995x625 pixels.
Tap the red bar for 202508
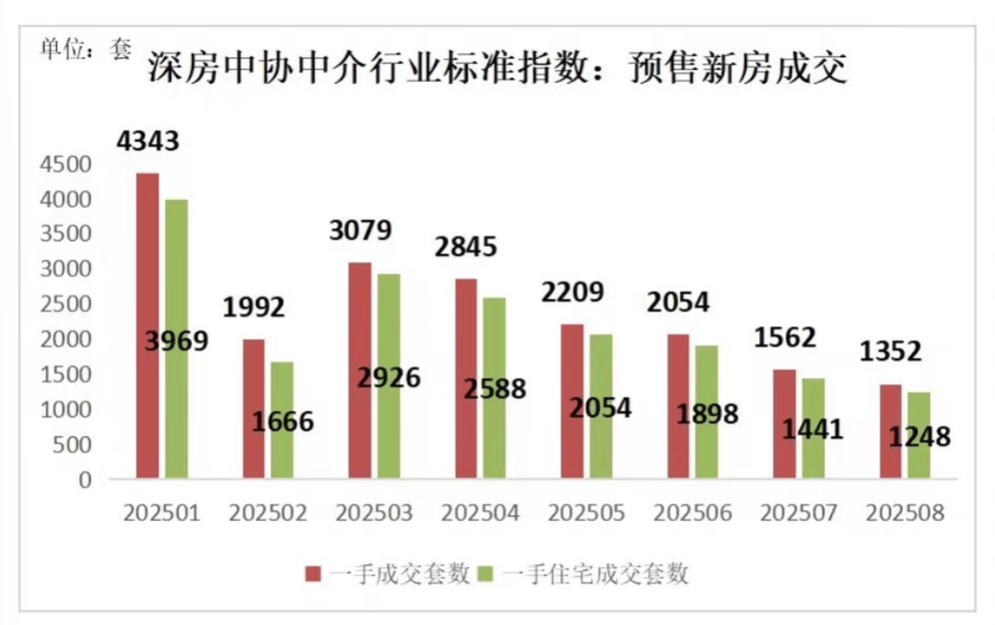point(891,431)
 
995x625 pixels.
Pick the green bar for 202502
point(282,419)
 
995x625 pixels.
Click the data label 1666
point(282,422)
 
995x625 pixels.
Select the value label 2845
point(465,247)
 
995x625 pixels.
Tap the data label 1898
point(707,414)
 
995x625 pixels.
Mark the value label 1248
point(919,436)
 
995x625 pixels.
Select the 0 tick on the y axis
point(86,479)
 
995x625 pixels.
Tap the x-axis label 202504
point(480,513)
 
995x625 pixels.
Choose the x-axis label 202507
point(798,513)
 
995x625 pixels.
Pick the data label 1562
point(784,337)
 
